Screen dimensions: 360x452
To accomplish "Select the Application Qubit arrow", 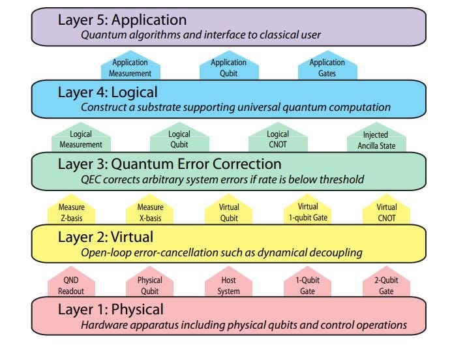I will click(228, 68).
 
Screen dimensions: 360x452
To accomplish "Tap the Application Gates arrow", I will click(327, 68).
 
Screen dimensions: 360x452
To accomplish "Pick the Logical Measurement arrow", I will click(80, 139).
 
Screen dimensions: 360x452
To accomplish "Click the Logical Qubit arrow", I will click(179, 139).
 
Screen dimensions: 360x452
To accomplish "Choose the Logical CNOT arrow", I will click(278, 139).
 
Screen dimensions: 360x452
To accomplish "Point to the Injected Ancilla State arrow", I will click(376, 139).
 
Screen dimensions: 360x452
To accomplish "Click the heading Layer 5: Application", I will click(123, 20).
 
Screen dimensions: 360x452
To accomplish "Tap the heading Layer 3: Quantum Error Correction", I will click(170, 164).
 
